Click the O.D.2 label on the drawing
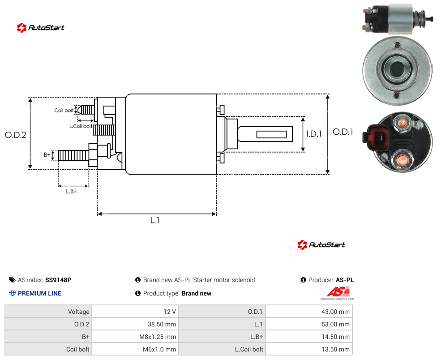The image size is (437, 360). click(x=16, y=135)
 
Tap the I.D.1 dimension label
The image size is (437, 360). click(x=314, y=134)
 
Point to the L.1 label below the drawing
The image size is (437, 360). click(x=155, y=220)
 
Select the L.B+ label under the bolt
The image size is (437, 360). click(x=72, y=191)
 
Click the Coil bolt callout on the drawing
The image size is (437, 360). click(x=64, y=110)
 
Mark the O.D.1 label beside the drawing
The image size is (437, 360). click(x=343, y=132)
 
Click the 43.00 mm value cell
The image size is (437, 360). click(x=335, y=312)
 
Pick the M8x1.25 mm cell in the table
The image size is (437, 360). click(x=158, y=337)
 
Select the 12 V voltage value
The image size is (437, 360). click(x=170, y=312)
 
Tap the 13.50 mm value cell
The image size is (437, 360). click(x=335, y=349)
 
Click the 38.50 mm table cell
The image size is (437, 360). click(x=162, y=324)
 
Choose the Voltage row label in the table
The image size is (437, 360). click(x=79, y=312)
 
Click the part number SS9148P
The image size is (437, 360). click(x=58, y=280)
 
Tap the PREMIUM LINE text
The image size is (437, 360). click(x=39, y=293)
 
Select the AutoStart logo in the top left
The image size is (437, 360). click(x=41, y=28)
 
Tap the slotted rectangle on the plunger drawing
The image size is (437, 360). click(x=271, y=134)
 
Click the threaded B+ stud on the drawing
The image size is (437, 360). click(x=73, y=155)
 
